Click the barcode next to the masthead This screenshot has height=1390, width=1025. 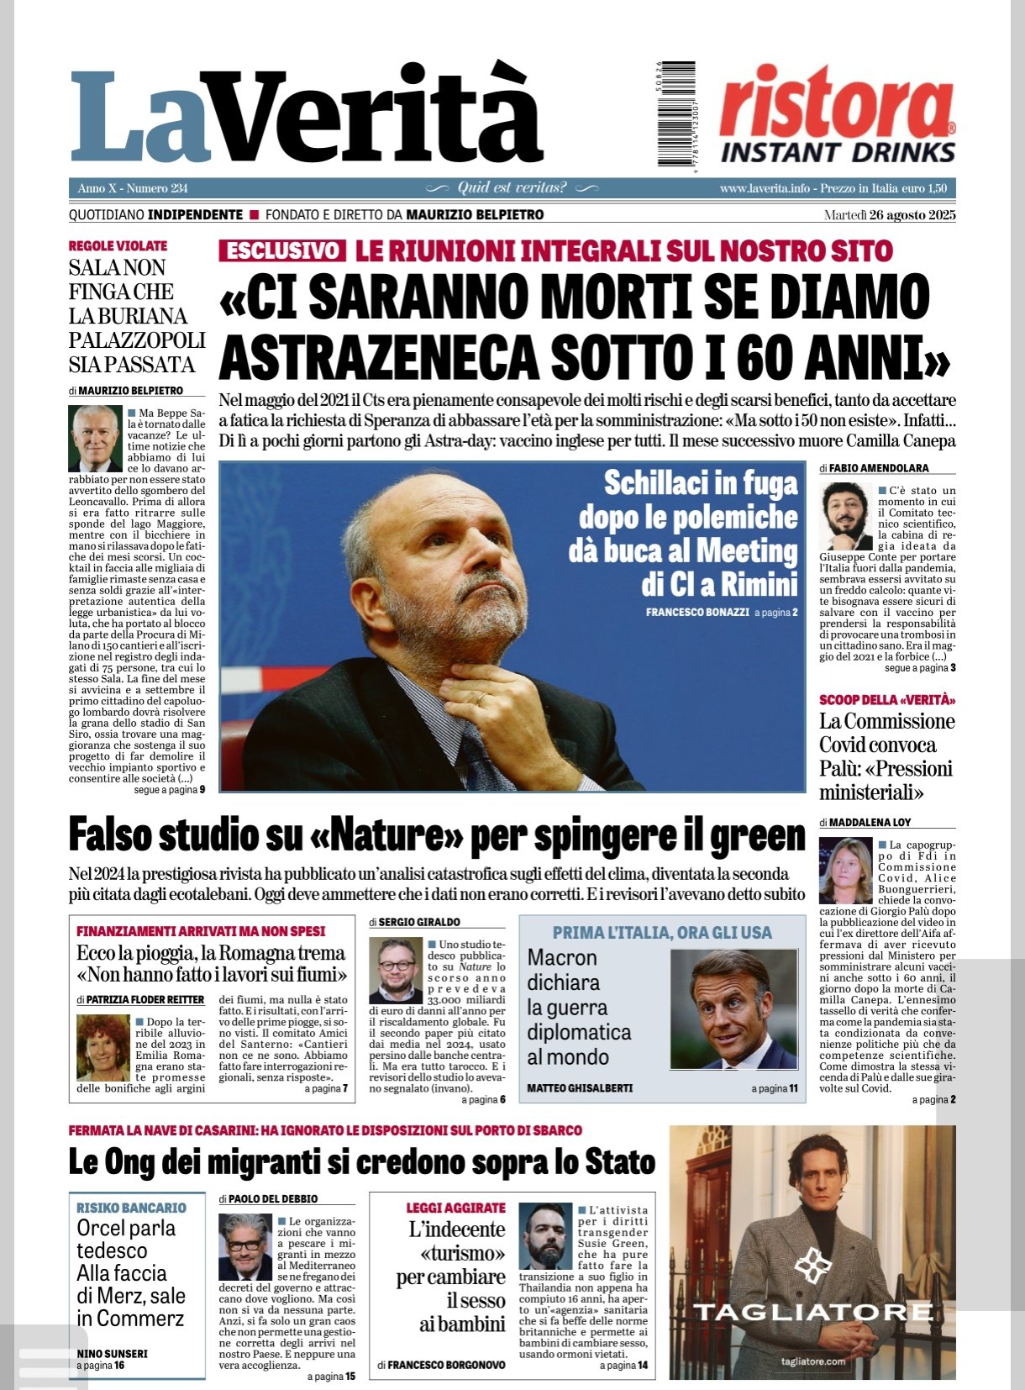pyautogui.click(x=675, y=113)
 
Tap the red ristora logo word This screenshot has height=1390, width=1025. pyautogui.click(x=835, y=105)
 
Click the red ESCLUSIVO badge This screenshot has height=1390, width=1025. pyautogui.click(x=282, y=250)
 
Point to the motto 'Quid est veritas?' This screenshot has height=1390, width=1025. pyautogui.click(x=512, y=187)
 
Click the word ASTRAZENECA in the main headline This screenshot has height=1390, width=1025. pyautogui.click(x=377, y=357)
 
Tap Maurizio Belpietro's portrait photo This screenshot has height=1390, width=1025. pyautogui.click(x=95, y=438)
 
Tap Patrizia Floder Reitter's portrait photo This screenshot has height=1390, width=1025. pyautogui.click(x=102, y=1047)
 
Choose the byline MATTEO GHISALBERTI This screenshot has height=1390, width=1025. pyautogui.click(x=580, y=1088)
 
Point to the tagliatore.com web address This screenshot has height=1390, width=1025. pyautogui.click(x=812, y=1361)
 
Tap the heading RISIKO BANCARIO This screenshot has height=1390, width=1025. pyautogui.click(x=131, y=1208)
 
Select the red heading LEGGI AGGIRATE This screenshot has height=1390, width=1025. pyautogui.click(x=455, y=1208)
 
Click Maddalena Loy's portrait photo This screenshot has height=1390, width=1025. pyautogui.click(x=845, y=870)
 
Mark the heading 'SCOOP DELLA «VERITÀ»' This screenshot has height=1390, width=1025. pyautogui.click(x=887, y=699)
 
